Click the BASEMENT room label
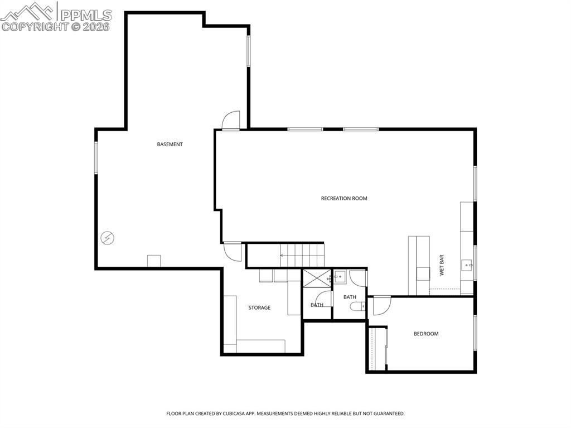coord(170,145)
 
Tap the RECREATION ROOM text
coord(344,199)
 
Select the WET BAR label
coord(442,265)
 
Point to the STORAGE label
coord(259,308)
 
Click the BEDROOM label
coord(425,334)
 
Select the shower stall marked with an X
coord(317,278)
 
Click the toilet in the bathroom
coord(357,305)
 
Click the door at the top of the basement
coord(231,121)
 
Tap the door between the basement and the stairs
coord(233,251)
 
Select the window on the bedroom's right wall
coord(475,333)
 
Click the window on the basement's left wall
coord(96,157)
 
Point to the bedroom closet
coord(379,349)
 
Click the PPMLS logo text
coord(86,15)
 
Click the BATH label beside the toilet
coord(350,297)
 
